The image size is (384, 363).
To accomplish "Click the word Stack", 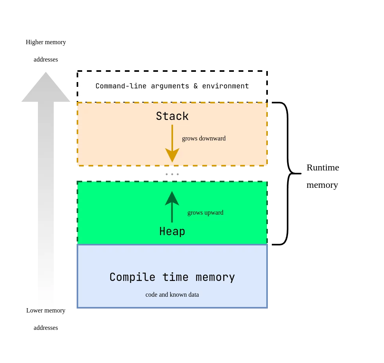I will click(x=172, y=116).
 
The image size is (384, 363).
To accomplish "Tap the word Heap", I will click(x=172, y=232).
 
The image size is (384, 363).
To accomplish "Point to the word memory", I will click(x=215, y=277).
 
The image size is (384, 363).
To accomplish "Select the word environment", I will click(x=226, y=86).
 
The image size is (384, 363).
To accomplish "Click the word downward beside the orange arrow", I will click(x=212, y=138).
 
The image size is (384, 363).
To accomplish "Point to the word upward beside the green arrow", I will click(x=214, y=213).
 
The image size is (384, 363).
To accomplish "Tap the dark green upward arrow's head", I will click(x=172, y=198).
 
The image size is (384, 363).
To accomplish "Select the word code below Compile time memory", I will click(x=152, y=295).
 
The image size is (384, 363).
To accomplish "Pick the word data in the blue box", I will click(x=193, y=295).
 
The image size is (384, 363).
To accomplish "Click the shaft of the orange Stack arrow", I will click(x=172, y=136).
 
